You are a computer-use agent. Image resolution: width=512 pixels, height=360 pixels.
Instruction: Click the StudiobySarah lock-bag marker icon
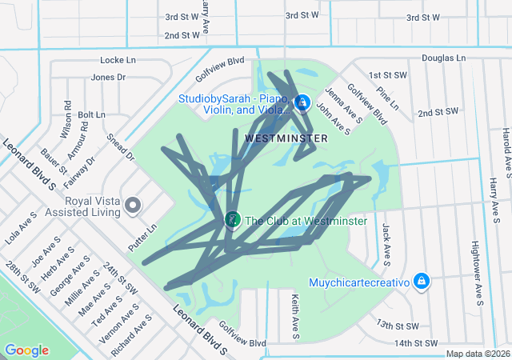tap(302, 102)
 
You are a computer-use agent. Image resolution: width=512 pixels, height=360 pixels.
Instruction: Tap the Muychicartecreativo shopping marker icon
tap(421, 282)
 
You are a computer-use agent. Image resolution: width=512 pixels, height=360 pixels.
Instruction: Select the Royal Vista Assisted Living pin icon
tap(133, 207)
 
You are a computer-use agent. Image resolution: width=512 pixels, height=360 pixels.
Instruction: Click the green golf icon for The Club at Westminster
tap(232, 218)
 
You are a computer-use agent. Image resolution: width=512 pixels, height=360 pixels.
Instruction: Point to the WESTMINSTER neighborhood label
tap(286, 138)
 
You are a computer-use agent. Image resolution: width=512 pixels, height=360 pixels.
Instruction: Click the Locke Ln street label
tap(118, 60)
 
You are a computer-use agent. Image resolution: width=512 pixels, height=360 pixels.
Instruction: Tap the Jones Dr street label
tap(108, 78)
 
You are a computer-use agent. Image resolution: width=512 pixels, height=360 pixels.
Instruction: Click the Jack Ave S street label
tap(386, 243)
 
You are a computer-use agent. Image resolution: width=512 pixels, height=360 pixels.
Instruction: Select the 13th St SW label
tap(397, 326)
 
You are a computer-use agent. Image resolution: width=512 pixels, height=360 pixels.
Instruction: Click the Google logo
tap(26, 350)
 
